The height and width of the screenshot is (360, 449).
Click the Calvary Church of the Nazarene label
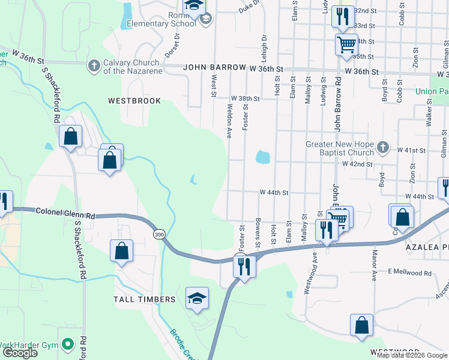(x=131, y=66)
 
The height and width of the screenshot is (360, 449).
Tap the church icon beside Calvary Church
(x=94, y=65)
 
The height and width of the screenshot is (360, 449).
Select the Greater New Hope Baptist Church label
(x=340, y=149)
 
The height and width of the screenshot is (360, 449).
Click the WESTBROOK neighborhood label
(x=134, y=101)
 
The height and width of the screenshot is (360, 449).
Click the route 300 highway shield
(x=158, y=234)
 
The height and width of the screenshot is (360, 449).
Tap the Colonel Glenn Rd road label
(x=65, y=212)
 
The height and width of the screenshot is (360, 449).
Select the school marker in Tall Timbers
(x=197, y=298)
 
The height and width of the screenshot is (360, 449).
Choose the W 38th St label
(x=246, y=98)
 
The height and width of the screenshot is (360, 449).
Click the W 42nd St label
(x=357, y=163)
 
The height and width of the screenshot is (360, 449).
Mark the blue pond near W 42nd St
(x=262, y=158)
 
